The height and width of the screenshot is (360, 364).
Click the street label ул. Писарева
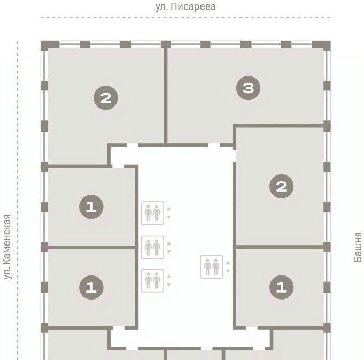pyautogui.click(x=185, y=7)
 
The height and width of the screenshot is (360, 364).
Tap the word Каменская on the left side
pyautogui.click(x=7, y=239)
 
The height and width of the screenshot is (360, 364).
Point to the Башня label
pyautogui.click(x=358, y=247)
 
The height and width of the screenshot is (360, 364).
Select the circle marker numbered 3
pyautogui.click(x=248, y=88)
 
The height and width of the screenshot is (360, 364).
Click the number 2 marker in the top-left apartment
pyautogui.click(x=106, y=98)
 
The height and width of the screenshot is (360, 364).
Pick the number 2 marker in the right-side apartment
pyautogui.click(x=281, y=186)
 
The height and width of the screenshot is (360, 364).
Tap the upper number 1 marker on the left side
pyautogui.click(x=91, y=206)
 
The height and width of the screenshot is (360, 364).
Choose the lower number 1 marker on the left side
pyautogui.click(x=91, y=287)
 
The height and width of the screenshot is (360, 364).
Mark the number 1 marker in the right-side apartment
pyautogui.click(x=281, y=287)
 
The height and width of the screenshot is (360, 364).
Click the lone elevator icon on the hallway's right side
pyautogui.click(x=212, y=267)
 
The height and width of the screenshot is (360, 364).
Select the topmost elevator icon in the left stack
pyautogui.click(x=152, y=213)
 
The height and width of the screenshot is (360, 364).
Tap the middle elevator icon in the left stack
pyautogui.click(x=152, y=248)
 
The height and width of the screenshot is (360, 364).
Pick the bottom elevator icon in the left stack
pyautogui.click(x=152, y=281)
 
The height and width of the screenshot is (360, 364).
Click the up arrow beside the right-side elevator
pyautogui.click(x=228, y=263)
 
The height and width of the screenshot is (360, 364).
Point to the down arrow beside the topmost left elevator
pyautogui.click(x=169, y=217)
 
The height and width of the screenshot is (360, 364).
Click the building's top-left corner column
pyautogui.click(x=50, y=45)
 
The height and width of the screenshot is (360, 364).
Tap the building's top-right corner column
pyautogui.click(x=321, y=45)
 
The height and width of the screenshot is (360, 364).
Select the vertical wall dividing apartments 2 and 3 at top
pyautogui.click(x=166, y=95)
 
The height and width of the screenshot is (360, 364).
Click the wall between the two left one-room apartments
pyautogui.click(x=91, y=247)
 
